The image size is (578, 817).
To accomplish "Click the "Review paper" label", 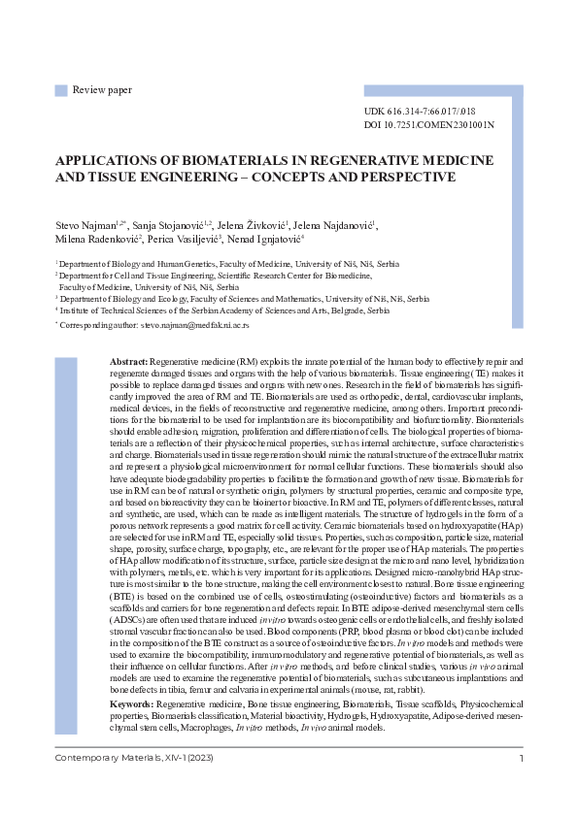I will [x=102, y=90].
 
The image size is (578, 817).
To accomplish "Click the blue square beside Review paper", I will [x=61, y=90].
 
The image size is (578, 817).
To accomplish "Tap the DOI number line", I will [x=427, y=125].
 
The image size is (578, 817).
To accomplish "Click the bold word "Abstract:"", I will [x=128, y=360].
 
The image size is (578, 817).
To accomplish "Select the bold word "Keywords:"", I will [x=132, y=675].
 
